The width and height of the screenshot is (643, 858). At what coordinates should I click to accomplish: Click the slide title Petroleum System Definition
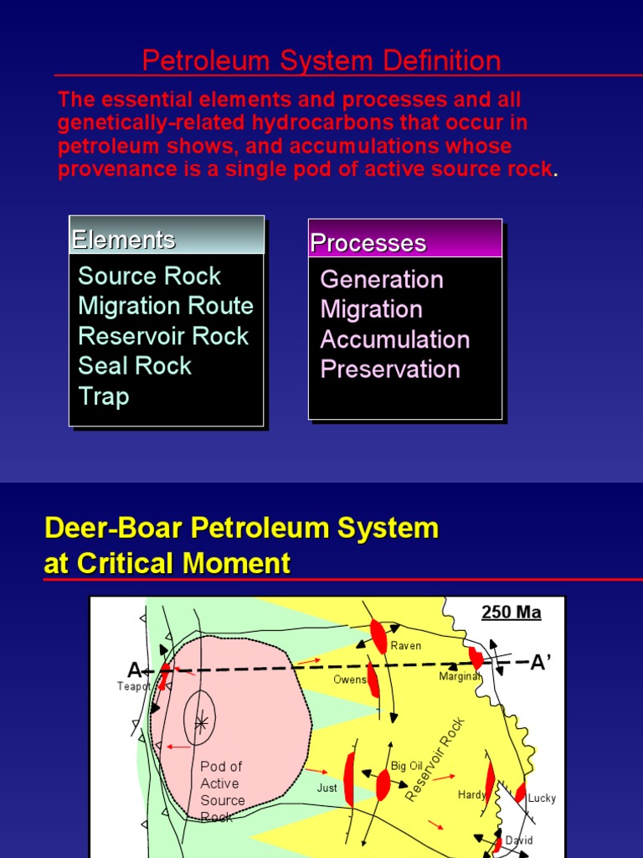pos(321,60)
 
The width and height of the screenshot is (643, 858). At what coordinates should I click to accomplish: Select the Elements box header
pos(123,240)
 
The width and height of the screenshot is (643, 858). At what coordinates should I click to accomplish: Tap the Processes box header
pos(368,243)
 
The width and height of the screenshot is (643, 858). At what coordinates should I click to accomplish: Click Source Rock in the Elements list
pos(149,276)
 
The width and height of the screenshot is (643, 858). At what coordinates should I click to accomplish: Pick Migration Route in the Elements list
pos(165,306)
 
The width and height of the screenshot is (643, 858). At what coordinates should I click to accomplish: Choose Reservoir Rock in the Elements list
pos(163,336)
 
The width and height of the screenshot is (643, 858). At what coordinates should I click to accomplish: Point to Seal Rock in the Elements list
pos(135,365)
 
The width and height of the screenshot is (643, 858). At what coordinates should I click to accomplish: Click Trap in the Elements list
pos(103,395)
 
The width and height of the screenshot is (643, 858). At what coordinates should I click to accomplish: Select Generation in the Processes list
pos(381,279)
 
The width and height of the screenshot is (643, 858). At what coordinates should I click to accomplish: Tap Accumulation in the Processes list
pos(394,339)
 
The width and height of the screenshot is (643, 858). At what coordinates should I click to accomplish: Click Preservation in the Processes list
pos(390,370)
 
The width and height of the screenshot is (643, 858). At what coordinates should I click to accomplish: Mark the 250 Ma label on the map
pos(511,612)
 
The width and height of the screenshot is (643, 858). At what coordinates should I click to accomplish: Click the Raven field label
pos(405,646)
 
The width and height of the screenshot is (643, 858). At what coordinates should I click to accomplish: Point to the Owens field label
pos(350,680)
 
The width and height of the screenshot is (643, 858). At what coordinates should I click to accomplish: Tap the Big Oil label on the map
pos(407,766)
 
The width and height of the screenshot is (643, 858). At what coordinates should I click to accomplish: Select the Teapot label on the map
pos(133,685)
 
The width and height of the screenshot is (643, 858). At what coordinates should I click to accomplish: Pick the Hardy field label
pos(471,794)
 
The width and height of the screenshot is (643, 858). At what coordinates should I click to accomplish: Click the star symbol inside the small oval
pos(200,721)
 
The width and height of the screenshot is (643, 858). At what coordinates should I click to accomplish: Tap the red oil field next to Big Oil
pos(383,785)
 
